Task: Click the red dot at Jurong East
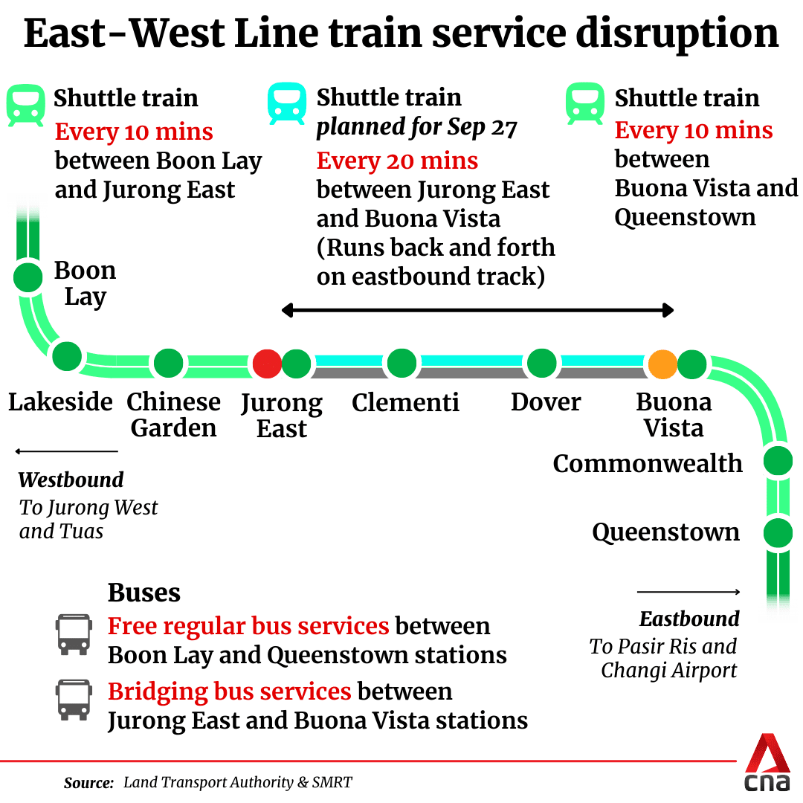tap(267, 364)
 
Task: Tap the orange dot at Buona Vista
tap(662, 364)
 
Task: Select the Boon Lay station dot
tap(28, 277)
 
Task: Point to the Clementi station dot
tap(401, 364)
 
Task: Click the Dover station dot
tap(541, 364)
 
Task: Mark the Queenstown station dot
tap(778, 532)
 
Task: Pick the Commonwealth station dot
tap(778, 461)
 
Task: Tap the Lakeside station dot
tap(66, 356)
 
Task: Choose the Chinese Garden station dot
tap(168, 364)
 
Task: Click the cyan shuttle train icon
tap(287, 103)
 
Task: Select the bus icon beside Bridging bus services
tap(74, 700)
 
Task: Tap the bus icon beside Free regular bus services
tap(74, 634)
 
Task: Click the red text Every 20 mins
tap(397, 161)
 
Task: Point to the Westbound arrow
tap(66, 451)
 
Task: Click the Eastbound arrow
tap(688, 592)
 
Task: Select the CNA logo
tap(767, 764)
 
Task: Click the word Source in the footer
tap(88, 782)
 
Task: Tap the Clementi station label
tap(405, 403)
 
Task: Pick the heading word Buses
tap(144, 593)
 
